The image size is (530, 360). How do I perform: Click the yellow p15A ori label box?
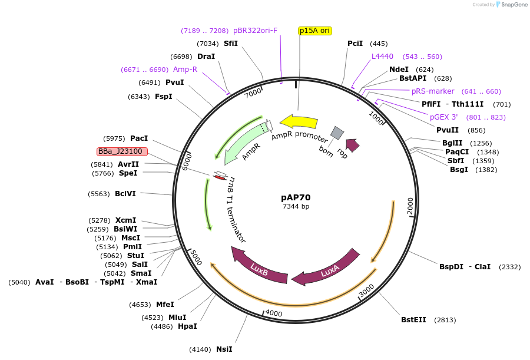pos(315,31)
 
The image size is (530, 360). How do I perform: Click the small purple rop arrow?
pos(352,144)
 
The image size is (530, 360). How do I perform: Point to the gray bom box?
pos(337,133)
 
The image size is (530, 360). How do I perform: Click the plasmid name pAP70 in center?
pos(296,197)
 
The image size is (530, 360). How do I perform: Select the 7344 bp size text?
pos(296,206)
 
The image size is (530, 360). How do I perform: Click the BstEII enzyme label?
pos(413,320)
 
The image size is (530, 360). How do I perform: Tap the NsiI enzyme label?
pos(224,349)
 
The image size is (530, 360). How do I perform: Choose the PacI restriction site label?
pos(139,138)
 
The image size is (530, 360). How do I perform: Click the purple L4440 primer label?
pos(382,57)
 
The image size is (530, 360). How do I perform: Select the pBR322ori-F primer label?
pos(255,31)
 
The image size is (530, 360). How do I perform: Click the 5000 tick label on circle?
pos(196,258)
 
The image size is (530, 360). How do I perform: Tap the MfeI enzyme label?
pos(165,305)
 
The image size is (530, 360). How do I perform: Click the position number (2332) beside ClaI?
pos(509,267)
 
